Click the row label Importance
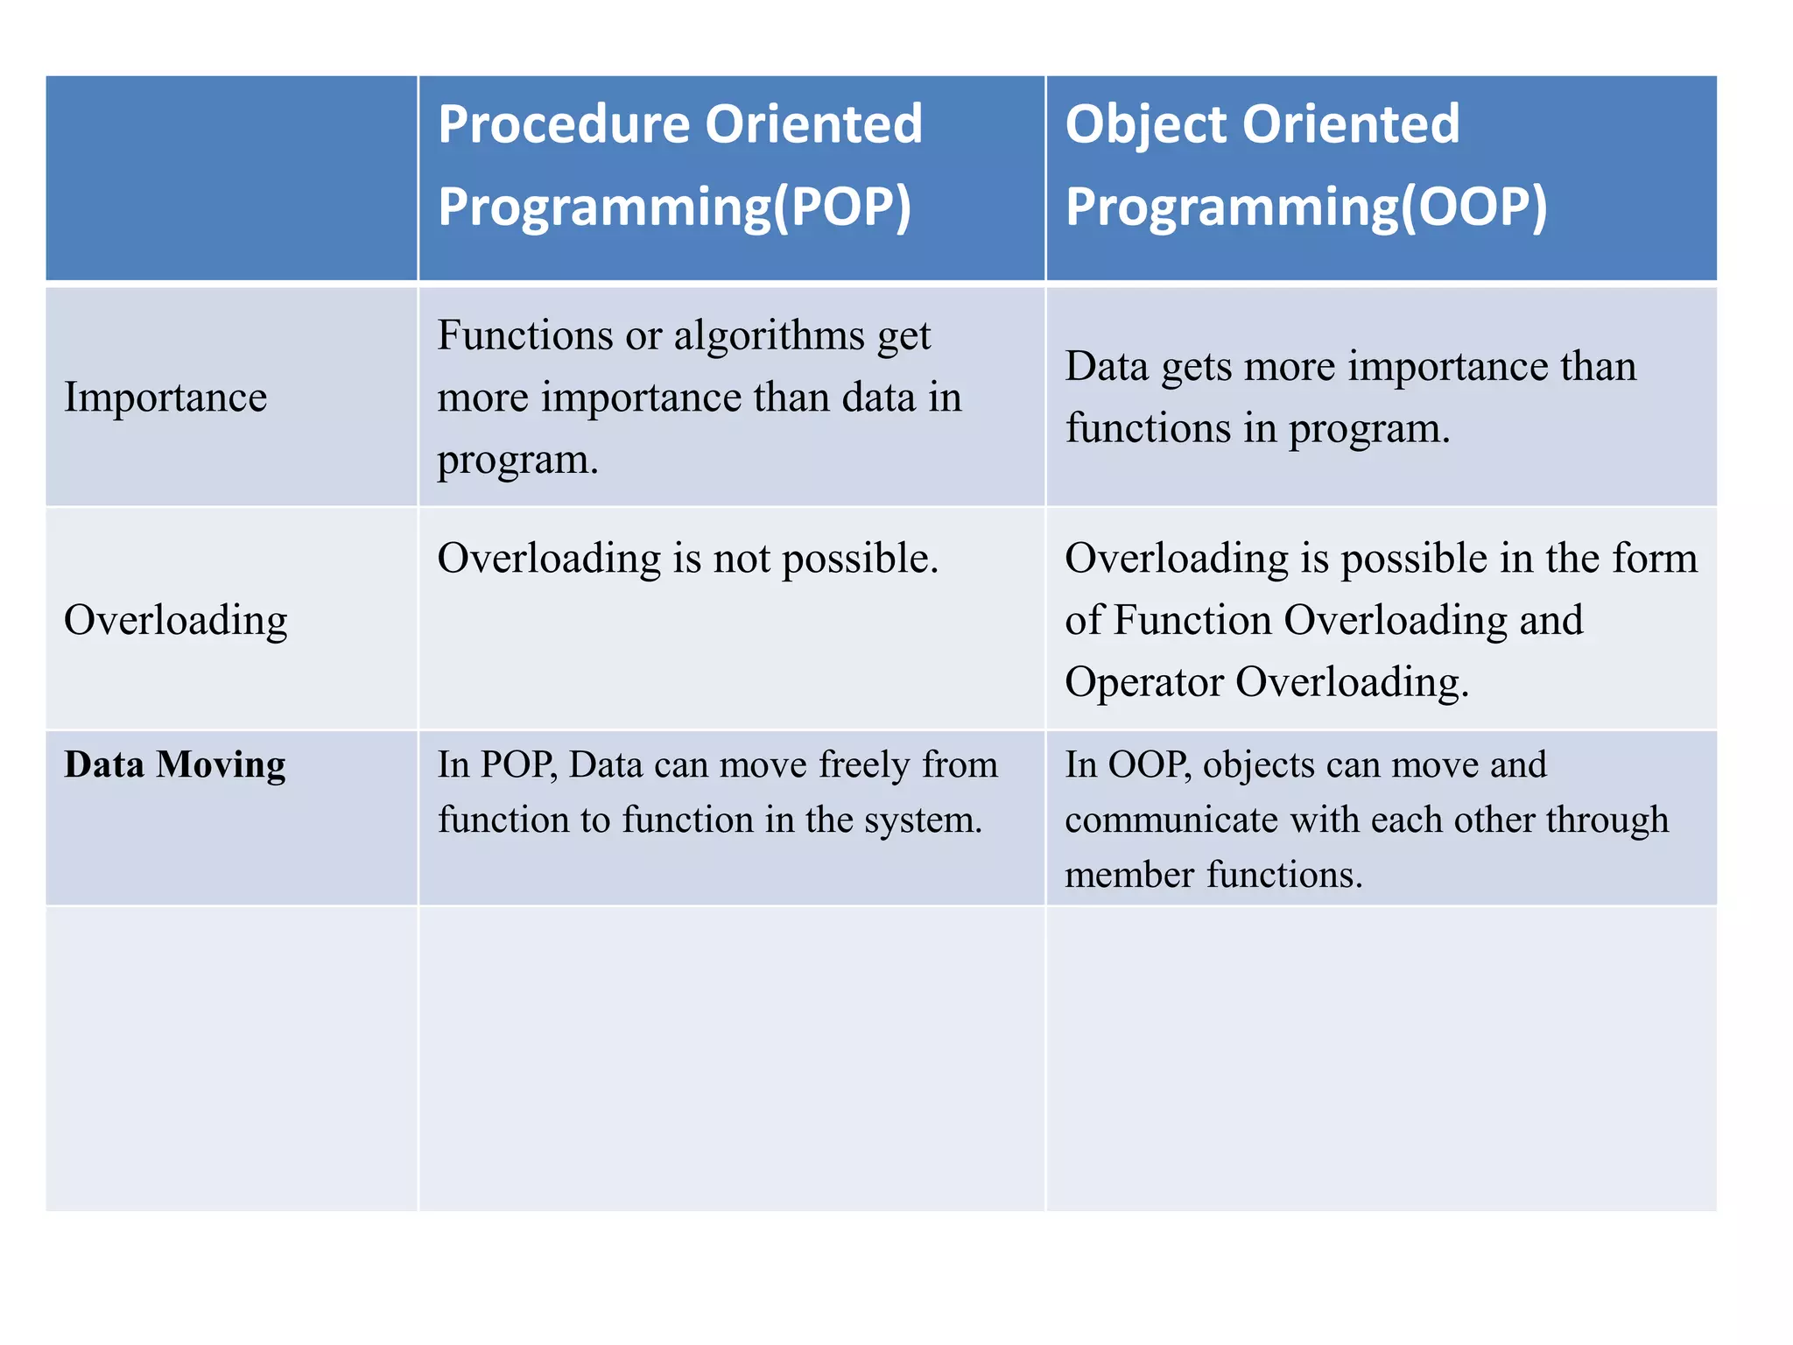click(x=165, y=398)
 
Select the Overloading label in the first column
click(x=175, y=621)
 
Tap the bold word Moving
click(x=221, y=764)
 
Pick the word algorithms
click(x=769, y=336)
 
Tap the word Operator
click(x=1143, y=682)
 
